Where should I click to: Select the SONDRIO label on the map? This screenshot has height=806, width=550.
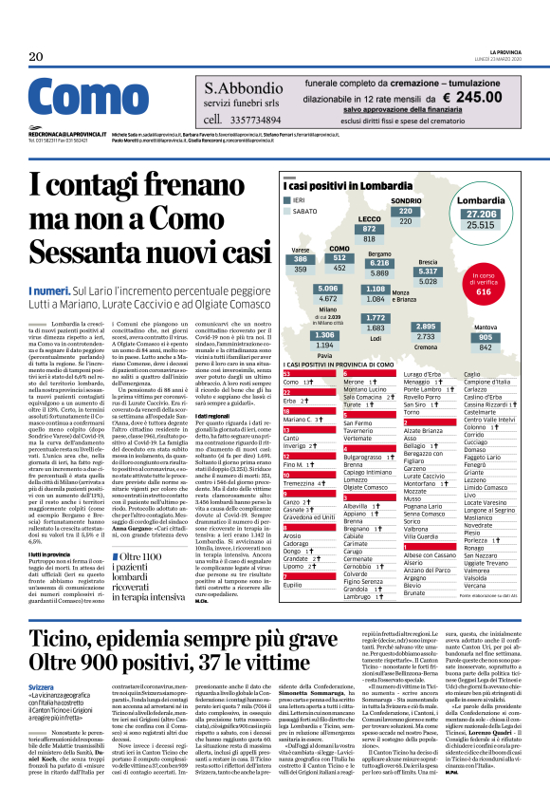tap(407, 202)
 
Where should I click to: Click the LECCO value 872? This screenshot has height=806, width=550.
tap(371, 229)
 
